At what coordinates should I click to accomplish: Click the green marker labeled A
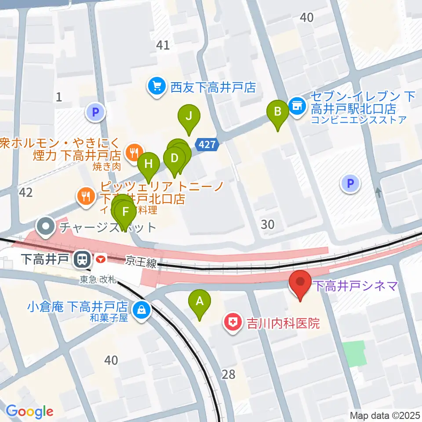point(200,302)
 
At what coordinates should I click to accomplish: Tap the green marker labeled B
point(278,112)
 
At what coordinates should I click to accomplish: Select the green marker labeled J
point(189,117)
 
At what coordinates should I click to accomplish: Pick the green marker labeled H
point(149,165)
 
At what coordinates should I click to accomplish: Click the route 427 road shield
point(206,144)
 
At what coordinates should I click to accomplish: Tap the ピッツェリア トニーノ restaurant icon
point(85,196)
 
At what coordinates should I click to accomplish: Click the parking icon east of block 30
point(351,183)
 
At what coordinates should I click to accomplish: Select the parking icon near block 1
point(95,113)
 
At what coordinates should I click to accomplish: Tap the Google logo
point(30,411)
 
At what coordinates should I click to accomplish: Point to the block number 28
point(229,374)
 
